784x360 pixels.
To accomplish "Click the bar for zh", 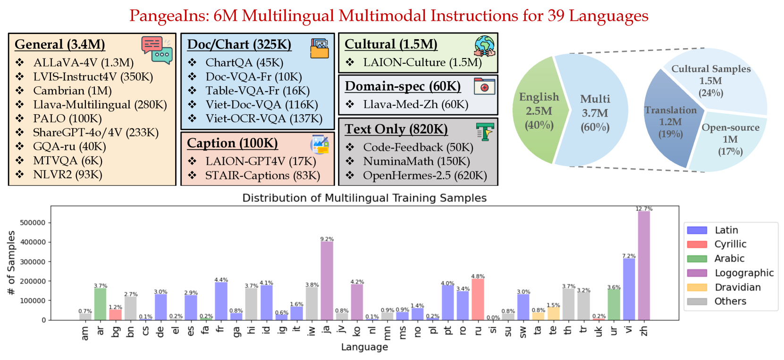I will [644, 266].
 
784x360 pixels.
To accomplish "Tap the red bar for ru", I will [478, 300].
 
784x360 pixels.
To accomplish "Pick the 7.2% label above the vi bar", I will [629, 256].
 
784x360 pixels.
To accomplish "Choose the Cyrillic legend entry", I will [729, 244].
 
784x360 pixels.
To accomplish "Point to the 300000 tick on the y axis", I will [33, 262].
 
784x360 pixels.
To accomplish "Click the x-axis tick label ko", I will [357, 330].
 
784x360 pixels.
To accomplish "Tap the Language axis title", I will [364, 347].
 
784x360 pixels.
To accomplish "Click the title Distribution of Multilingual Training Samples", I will [364, 198].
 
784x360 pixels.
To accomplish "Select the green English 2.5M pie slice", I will [536, 111].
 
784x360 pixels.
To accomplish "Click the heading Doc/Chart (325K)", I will [239, 44].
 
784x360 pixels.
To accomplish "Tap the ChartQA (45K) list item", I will [244, 63].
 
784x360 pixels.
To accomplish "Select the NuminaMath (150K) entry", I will [416, 161].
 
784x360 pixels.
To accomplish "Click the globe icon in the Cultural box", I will [484, 46].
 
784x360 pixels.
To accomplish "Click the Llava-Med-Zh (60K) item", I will [415, 104].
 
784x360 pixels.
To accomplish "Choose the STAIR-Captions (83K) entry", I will [262, 176].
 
